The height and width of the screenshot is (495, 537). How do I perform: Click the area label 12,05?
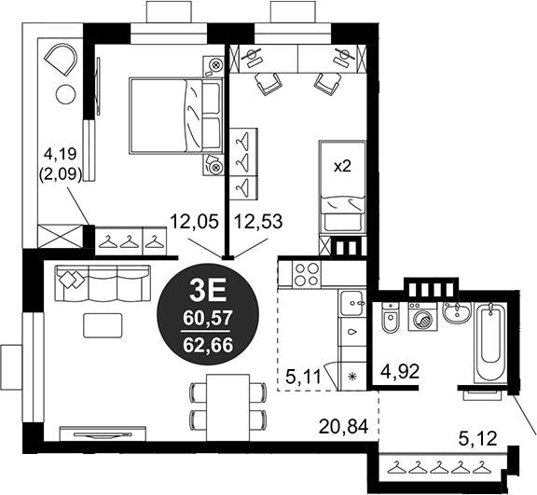194,221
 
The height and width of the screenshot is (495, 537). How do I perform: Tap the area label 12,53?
258,221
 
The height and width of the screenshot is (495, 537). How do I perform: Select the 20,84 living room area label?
344,427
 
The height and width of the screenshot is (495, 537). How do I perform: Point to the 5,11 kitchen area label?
304,377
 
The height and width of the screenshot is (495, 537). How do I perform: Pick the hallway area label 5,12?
478,438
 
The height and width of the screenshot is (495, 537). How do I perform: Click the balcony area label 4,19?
61,155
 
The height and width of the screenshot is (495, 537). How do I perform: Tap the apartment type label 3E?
208,292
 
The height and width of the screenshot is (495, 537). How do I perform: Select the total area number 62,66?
208,345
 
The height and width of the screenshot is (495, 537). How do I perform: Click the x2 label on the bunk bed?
342,167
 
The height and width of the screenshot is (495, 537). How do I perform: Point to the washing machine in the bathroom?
422,317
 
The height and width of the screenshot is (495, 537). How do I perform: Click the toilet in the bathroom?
390,318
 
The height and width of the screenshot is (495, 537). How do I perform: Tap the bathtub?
490,342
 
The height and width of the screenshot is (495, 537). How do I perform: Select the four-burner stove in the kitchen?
307,274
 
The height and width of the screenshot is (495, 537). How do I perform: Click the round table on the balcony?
66,94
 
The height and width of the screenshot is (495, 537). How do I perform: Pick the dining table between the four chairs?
227,407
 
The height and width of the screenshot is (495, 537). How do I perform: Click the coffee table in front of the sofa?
103,325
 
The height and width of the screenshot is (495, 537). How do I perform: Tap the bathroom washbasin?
457,311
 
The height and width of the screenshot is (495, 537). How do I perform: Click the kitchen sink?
352,303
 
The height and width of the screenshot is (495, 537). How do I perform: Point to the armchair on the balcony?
62,59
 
